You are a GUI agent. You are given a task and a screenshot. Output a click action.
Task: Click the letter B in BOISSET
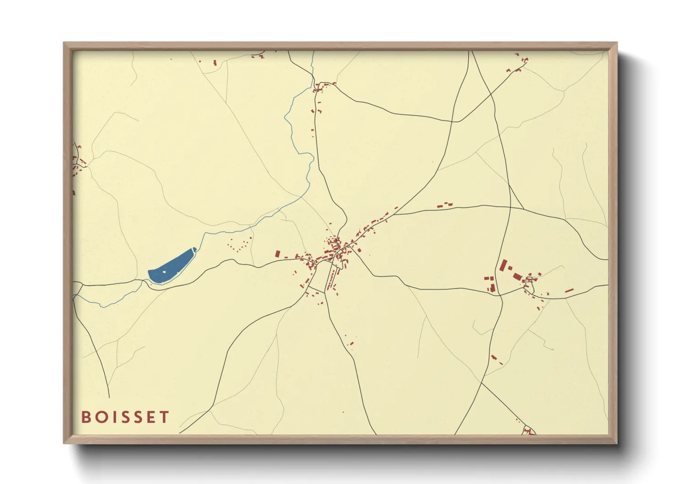86,417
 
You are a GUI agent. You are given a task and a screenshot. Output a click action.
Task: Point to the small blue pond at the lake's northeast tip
194,249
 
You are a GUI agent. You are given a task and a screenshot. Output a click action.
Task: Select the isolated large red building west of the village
277,253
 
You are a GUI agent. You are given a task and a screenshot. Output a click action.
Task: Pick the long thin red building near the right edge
569,290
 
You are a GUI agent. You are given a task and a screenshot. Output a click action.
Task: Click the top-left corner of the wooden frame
64,43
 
